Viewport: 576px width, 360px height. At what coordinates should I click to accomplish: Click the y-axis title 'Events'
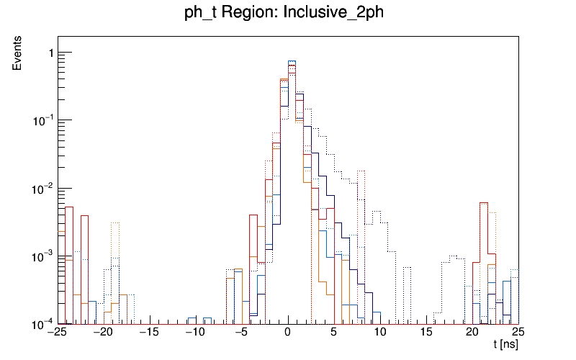pos(17,54)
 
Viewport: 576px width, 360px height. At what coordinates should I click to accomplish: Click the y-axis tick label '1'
pos(49,53)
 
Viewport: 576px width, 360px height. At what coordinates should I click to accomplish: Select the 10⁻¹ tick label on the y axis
pos(42,120)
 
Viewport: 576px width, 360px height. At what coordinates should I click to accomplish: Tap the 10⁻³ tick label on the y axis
pos(42,256)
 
